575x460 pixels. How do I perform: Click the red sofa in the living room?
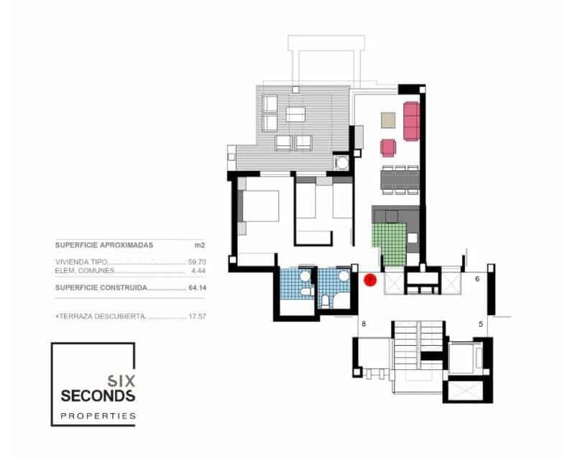click(x=411, y=121)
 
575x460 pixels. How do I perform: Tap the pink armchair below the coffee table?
click(x=388, y=147)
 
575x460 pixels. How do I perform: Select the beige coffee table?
click(x=388, y=119)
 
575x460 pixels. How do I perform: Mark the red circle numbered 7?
click(x=371, y=280)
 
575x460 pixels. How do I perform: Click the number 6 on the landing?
click(x=478, y=279)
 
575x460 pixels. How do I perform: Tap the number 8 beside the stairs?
click(x=364, y=324)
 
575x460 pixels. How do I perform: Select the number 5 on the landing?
click(x=480, y=324)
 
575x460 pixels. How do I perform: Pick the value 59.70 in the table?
click(x=197, y=262)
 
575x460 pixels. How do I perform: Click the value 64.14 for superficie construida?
click(x=197, y=287)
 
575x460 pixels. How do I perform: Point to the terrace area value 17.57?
click(x=197, y=316)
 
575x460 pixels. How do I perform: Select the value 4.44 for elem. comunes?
click(x=198, y=271)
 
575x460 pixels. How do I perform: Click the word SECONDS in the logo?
click(x=98, y=396)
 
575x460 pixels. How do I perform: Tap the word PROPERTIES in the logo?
click(x=98, y=415)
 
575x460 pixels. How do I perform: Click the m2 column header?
click(x=200, y=245)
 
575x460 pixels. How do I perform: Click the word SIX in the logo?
click(x=120, y=379)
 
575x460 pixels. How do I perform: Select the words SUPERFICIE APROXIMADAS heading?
click(x=104, y=245)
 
